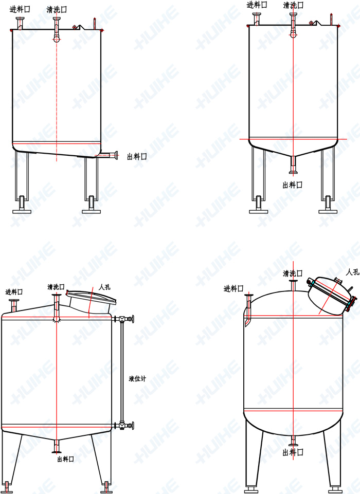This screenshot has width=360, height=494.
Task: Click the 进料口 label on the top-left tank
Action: click(x=20, y=9)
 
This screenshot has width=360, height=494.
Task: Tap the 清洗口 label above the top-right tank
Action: click(x=293, y=5)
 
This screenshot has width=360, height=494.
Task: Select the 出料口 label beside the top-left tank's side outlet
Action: click(x=137, y=157)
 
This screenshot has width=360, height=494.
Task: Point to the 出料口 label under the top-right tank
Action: click(x=293, y=185)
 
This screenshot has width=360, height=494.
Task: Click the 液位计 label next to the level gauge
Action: click(x=137, y=379)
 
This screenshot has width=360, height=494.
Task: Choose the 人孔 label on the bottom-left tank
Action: click(x=105, y=287)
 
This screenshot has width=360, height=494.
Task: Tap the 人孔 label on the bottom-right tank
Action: click(x=353, y=272)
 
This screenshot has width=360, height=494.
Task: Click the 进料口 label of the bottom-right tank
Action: click(x=233, y=288)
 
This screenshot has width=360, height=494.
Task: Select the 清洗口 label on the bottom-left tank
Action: click(x=56, y=287)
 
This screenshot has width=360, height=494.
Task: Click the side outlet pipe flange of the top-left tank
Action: click(x=117, y=155)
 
